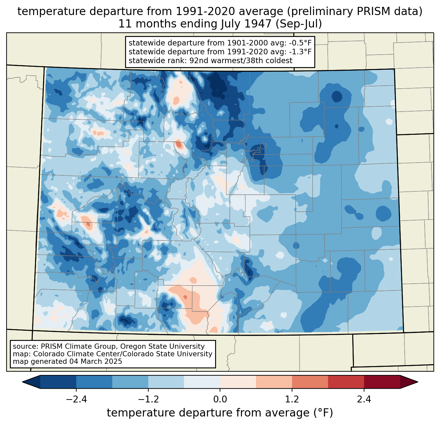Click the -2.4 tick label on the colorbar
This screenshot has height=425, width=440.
point(76,399)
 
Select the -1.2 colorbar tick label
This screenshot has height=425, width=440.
point(148,399)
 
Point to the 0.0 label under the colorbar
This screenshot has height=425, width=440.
point(220,399)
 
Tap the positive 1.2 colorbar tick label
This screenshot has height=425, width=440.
point(292,399)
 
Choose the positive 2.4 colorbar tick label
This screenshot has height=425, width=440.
point(364,399)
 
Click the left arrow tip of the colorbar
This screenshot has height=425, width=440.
point(22,382)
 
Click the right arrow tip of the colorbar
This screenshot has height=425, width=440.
point(418,382)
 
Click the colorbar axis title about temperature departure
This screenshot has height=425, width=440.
point(220,413)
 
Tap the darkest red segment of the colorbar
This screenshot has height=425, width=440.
point(382,382)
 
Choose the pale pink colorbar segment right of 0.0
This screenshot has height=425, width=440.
point(238,382)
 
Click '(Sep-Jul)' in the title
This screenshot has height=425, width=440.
point(299,24)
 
